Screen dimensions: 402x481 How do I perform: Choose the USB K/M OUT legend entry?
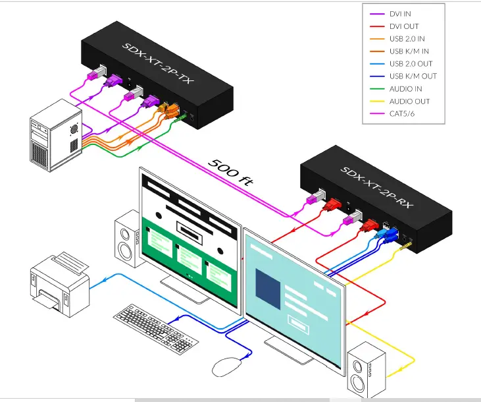413,76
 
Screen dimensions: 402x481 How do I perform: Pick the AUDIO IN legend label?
405,88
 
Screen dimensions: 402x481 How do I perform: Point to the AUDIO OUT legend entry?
408,101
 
